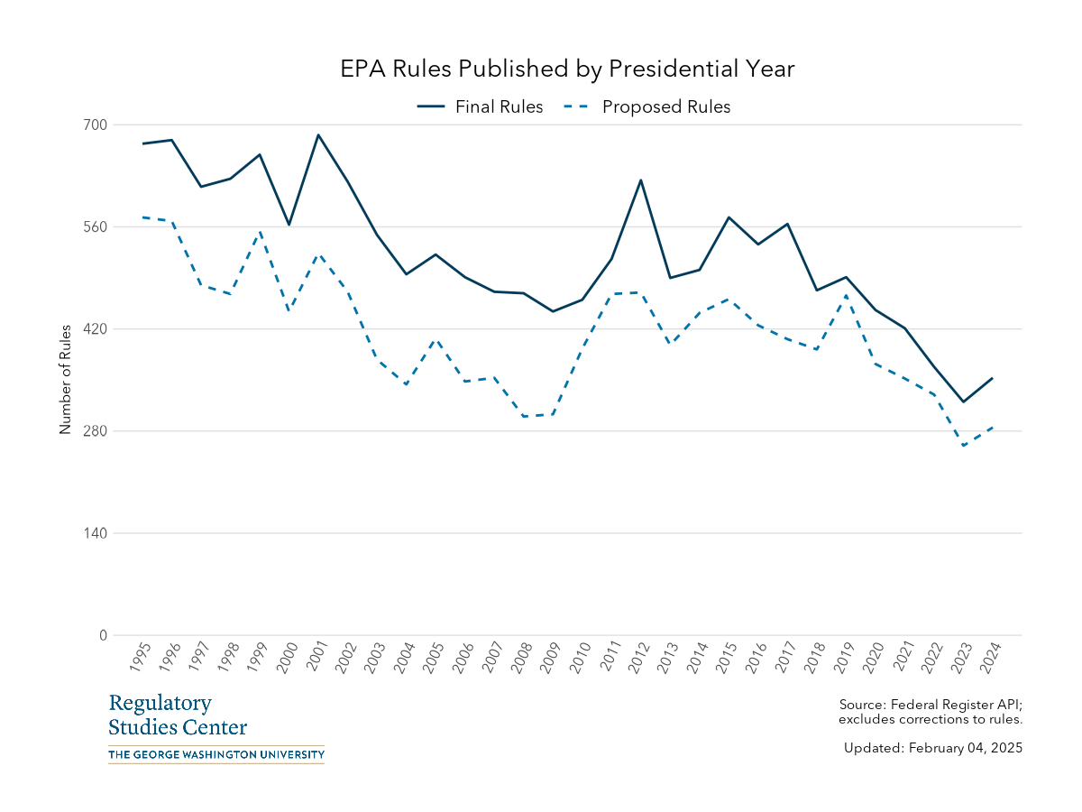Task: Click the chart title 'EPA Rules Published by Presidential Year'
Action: (567, 69)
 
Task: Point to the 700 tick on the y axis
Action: (96, 125)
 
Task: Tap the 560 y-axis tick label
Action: (96, 226)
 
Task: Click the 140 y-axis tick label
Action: (96, 533)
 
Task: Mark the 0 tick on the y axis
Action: (102, 635)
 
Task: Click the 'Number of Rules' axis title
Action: (65, 379)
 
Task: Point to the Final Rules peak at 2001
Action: (318, 135)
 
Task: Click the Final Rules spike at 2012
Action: (641, 180)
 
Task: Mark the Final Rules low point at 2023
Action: (963, 401)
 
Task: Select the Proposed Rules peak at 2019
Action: (846, 296)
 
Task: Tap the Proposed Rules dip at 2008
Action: (524, 416)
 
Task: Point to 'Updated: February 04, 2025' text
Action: (932, 748)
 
